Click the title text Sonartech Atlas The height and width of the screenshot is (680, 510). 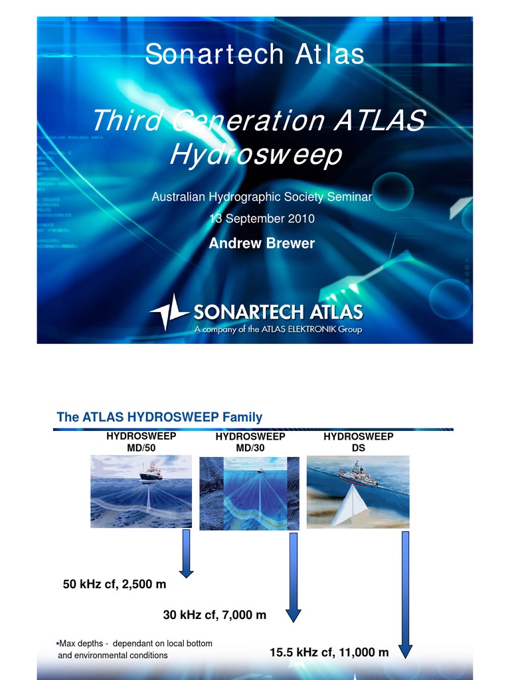[255, 54]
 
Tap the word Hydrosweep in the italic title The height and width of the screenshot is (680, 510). [256, 154]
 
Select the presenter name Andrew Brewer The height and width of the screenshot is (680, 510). [262, 244]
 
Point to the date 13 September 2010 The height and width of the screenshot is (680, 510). [262, 218]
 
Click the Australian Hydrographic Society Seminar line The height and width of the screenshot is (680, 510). [262, 197]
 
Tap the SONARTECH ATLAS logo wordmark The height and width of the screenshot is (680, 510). [278, 311]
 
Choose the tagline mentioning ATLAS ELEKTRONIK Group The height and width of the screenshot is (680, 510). [278, 329]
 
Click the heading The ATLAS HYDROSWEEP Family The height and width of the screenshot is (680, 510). [159, 417]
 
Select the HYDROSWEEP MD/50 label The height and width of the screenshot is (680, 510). [141, 442]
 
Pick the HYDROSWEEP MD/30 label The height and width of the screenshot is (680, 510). [250, 443]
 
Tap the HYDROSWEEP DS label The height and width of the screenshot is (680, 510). [358, 442]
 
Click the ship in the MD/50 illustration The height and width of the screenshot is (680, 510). [151, 472]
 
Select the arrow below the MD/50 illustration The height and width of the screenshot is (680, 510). [187, 555]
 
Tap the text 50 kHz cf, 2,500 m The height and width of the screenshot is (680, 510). [114, 585]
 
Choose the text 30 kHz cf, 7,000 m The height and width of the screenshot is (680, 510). [214, 616]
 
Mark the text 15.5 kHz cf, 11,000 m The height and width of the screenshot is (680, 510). [329, 653]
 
